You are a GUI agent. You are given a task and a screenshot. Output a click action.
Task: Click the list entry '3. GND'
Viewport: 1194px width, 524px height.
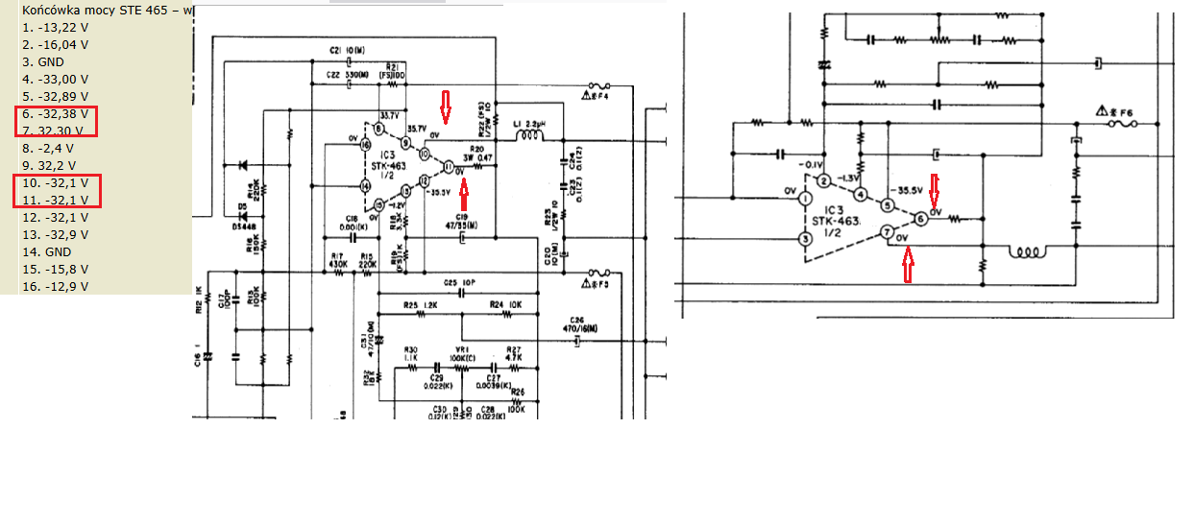point(43,61)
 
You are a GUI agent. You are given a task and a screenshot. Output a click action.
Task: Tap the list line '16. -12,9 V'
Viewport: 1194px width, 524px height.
point(56,286)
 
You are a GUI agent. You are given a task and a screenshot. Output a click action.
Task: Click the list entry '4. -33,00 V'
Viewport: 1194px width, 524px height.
point(56,79)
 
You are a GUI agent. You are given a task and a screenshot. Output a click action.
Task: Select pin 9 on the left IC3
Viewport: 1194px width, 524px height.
point(405,143)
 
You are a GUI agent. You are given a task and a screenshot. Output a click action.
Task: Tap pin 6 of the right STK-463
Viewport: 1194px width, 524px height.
point(920,219)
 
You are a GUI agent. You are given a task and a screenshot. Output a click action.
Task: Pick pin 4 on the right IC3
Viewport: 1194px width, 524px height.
point(861,195)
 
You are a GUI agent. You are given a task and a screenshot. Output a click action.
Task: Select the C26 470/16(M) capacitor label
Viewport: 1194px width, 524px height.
point(577,324)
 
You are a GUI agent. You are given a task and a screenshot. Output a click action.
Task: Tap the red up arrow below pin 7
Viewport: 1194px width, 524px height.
point(907,265)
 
